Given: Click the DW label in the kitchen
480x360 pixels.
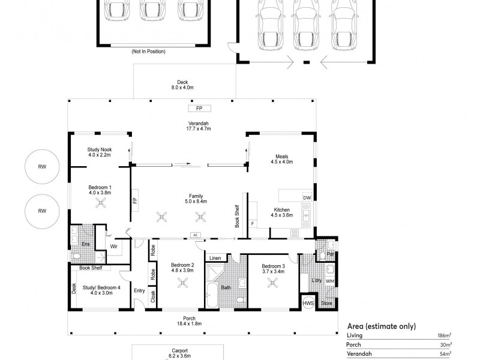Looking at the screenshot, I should click(x=307, y=198).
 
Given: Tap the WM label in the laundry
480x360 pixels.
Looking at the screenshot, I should click(x=330, y=281).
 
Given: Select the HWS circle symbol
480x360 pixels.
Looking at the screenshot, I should click(x=308, y=304).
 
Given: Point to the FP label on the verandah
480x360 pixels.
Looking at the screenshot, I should click(x=199, y=109).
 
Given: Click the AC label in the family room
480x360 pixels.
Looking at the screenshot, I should click(x=195, y=235).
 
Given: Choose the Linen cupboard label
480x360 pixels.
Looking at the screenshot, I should click(x=215, y=258).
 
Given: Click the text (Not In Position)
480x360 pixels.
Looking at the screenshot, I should click(x=148, y=52).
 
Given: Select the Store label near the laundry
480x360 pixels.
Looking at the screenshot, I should click(x=327, y=304).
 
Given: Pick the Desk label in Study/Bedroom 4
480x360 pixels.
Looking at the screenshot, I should click(x=74, y=289).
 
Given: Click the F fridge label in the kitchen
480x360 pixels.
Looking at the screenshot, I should click(x=252, y=224).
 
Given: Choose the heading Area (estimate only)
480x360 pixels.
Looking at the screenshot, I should click(x=381, y=326).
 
